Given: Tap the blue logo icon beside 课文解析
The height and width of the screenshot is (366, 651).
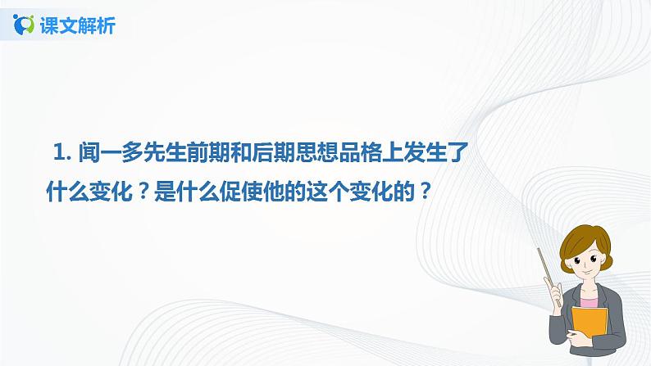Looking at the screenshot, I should pyautogui.click(x=25, y=25).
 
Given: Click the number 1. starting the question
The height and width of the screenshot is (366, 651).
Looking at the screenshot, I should pyautogui.click(x=62, y=152).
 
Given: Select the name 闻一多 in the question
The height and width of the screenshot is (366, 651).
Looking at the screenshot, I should pyautogui.click(x=107, y=152).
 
